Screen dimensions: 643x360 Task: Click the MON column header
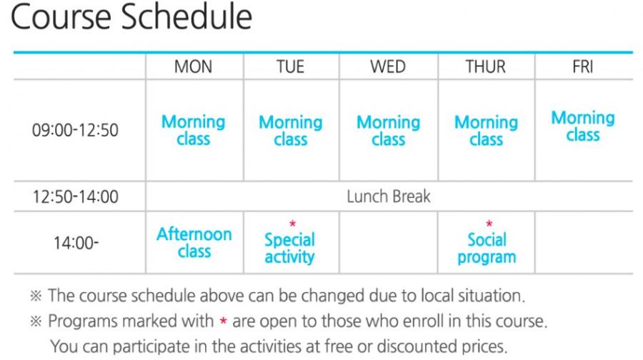pyautogui.click(x=193, y=66)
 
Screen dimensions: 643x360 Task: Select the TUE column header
pyautogui.click(x=290, y=66)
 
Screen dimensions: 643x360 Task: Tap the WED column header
pyautogui.click(x=388, y=66)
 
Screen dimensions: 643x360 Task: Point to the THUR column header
pyautogui.click(x=486, y=66)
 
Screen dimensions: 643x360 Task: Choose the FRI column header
pyautogui.click(x=583, y=66)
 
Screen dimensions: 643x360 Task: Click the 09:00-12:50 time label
pyautogui.click(x=75, y=130)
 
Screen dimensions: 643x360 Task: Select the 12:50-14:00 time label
pyautogui.click(x=76, y=196)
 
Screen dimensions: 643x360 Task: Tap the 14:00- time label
pyautogui.click(x=76, y=243)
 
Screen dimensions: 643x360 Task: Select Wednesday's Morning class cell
pyautogui.click(x=389, y=131)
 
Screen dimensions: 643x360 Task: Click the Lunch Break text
pyautogui.click(x=389, y=196)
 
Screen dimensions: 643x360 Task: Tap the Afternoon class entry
pyautogui.click(x=194, y=242)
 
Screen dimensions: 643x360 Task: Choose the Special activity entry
pyautogui.click(x=289, y=248)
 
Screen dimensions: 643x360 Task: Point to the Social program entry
pyautogui.click(x=487, y=248)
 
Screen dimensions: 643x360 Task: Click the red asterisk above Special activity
pyautogui.click(x=292, y=224)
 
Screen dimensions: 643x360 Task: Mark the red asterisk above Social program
pyautogui.click(x=489, y=224)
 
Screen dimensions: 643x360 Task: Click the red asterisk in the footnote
pyautogui.click(x=223, y=321)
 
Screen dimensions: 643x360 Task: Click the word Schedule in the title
pyautogui.click(x=186, y=17)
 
